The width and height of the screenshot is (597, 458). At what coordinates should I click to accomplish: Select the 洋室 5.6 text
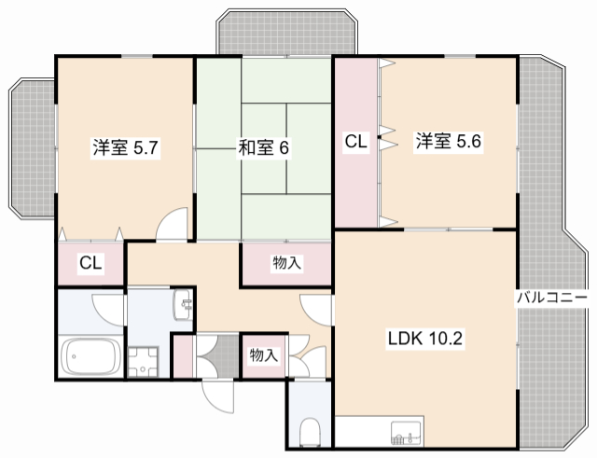tap(449, 142)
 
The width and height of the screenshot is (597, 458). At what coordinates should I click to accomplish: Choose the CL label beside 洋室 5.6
tap(356, 142)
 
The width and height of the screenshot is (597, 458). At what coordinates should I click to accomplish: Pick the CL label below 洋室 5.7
tap(90, 263)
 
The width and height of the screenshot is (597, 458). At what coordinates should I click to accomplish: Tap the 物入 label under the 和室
tap(286, 264)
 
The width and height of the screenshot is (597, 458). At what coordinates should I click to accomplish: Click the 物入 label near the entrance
tap(263, 354)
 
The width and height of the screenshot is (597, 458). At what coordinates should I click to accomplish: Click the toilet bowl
tap(312, 432)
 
